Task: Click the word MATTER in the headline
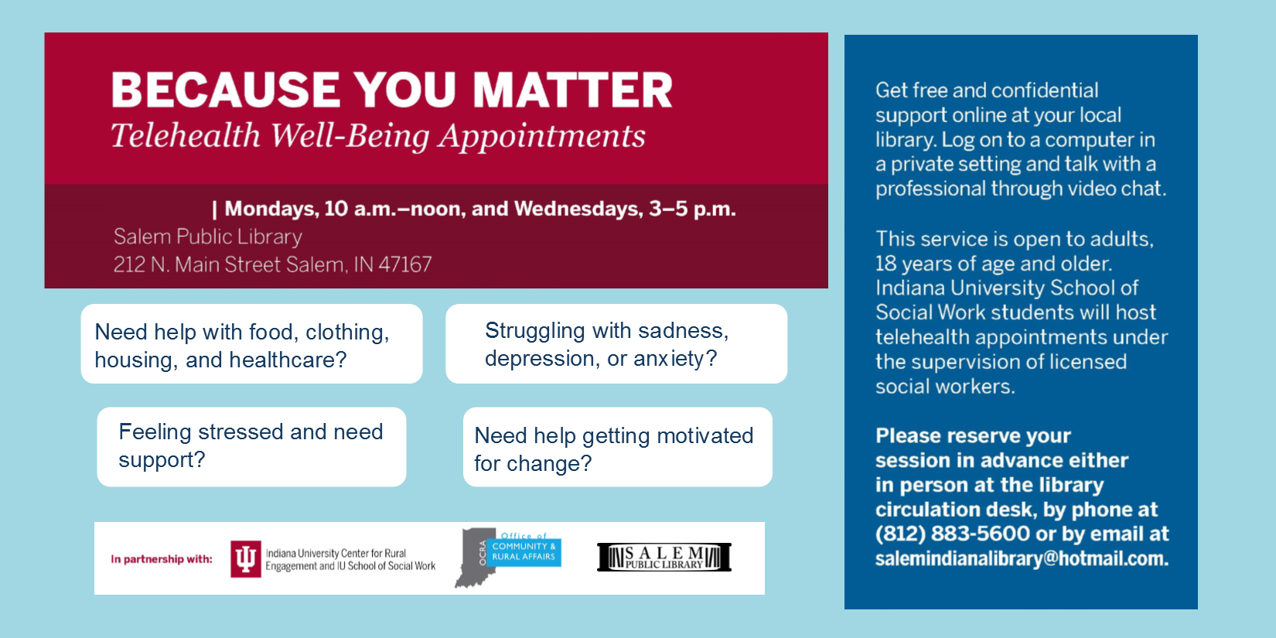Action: (x=572, y=90)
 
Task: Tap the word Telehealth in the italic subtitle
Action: (x=186, y=135)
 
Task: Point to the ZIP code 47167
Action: (x=405, y=264)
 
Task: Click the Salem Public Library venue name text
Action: (x=207, y=237)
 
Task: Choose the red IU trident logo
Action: (x=245, y=559)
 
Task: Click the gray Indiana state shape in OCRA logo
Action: (x=475, y=558)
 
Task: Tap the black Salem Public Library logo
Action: (x=664, y=557)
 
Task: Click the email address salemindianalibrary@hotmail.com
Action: (x=1022, y=558)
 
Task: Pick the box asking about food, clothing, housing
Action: (x=252, y=343)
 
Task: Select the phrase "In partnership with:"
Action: (x=161, y=559)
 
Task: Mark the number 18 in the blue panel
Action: (x=885, y=264)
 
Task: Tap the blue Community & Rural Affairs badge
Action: (x=524, y=552)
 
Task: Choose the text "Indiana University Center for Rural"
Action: (x=336, y=553)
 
